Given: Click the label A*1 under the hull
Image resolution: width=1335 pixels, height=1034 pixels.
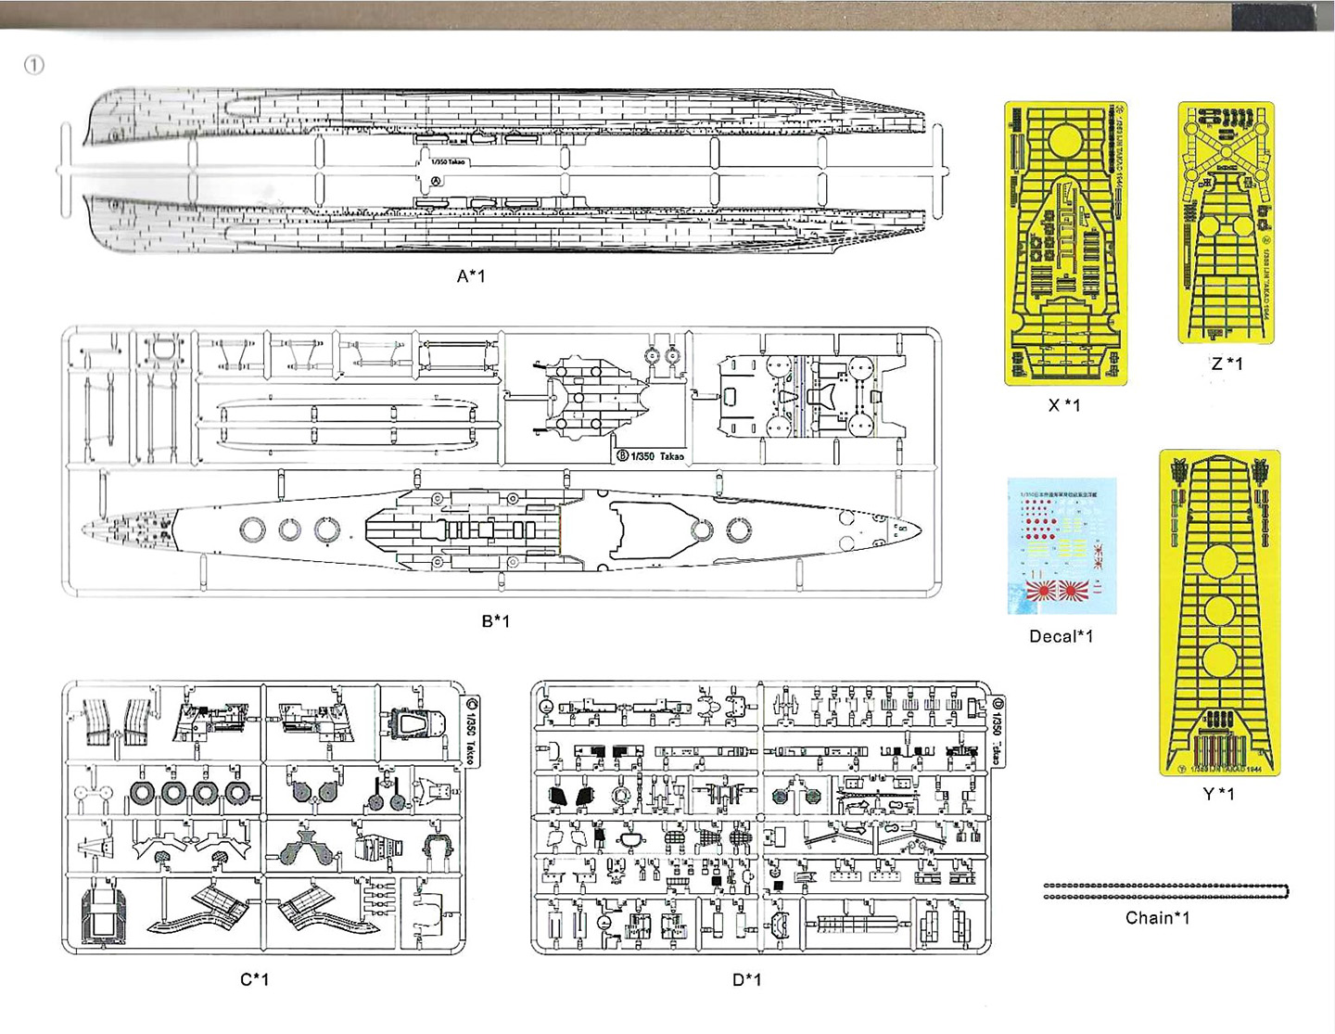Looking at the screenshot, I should click(x=470, y=275).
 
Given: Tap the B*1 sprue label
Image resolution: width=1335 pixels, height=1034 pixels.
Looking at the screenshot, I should click(x=495, y=620).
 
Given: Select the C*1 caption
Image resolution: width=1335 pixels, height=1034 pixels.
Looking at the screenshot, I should click(x=254, y=979).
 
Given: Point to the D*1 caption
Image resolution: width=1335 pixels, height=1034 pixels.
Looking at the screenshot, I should click(x=746, y=979).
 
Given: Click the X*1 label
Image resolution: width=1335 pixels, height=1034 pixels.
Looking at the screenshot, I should click(x=1063, y=405).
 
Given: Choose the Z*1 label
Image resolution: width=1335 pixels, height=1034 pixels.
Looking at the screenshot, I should click(x=1227, y=364).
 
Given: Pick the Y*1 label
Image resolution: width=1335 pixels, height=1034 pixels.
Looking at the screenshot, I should click(x=1218, y=794).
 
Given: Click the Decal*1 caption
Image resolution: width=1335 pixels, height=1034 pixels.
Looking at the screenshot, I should click(x=1061, y=636).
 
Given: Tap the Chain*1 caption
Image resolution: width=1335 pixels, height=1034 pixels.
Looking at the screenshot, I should click(x=1157, y=918).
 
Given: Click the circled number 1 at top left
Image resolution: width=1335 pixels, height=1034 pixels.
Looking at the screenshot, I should click(x=34, y=65).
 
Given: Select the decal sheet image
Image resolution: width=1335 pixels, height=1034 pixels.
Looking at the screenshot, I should click(x=1062, y=547).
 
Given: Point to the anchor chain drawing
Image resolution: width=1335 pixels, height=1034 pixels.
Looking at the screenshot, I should click(x=1165, y=891).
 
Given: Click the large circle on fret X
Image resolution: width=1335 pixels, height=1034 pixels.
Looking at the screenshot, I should click(x=1065, y=142).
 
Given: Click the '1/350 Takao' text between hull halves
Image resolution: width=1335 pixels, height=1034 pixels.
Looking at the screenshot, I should click(x=448, y=162).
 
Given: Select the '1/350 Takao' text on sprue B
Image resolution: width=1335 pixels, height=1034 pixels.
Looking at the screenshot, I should click(x=657, y=456).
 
